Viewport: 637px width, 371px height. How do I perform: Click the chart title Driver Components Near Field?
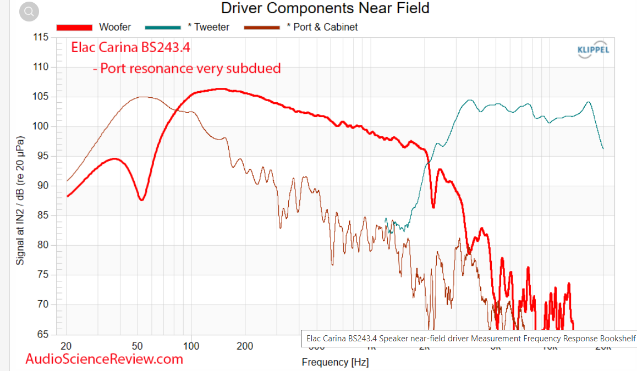[325, 8]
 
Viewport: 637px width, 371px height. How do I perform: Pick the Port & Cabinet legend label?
[322, 27]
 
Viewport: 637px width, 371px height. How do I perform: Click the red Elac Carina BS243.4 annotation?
[131, 47]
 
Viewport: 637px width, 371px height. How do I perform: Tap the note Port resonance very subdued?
[186, 68]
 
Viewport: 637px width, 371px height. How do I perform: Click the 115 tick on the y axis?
[41, 37]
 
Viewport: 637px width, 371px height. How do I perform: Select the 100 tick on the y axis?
[41, 126]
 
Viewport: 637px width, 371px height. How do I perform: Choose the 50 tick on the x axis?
[138, 346]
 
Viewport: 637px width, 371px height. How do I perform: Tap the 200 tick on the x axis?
[245, 346]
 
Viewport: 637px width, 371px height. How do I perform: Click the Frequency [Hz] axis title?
[335, 362]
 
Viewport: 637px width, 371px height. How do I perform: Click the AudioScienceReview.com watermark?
[104, 359]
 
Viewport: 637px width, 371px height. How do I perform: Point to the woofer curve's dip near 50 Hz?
[141, 200]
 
